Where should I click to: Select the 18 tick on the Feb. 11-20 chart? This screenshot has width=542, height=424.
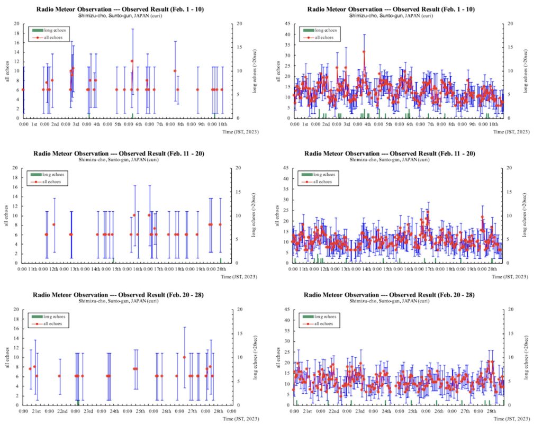click(17, 177)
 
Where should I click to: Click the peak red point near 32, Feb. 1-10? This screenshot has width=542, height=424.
click(364, 52)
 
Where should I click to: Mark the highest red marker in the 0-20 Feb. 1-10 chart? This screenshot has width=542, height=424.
click(132, 61)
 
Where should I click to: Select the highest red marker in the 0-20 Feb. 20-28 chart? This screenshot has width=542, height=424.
click(184, 357)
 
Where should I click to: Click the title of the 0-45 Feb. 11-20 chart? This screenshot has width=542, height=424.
click(390, 154)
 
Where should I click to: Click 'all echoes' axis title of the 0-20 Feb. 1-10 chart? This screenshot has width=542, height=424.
click(7, 71)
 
